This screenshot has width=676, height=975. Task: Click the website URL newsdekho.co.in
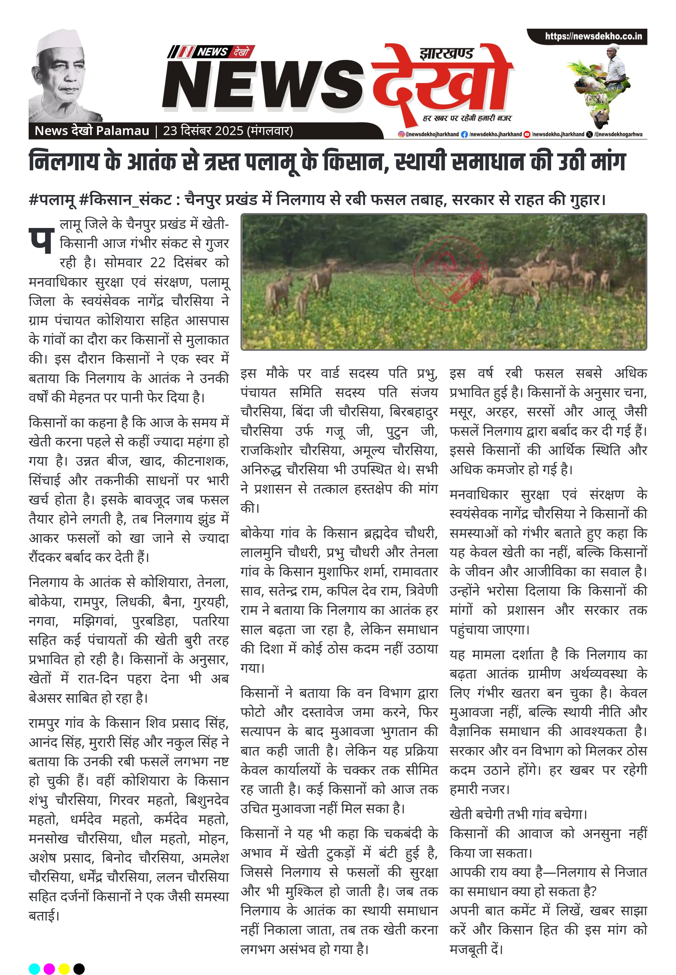click(x=593, y=36)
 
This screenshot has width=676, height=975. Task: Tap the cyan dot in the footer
click(x=34, y=957)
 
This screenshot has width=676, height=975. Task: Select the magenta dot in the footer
click(x=49, y=957)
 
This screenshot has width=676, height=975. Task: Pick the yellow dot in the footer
click(x=64, y=957)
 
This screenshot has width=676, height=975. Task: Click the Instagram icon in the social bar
click(x=401, y=134)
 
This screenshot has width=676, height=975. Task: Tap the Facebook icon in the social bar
click(x=465, y=134)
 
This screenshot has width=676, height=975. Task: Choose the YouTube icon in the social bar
click(x=527, y=134)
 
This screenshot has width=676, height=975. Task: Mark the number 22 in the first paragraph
click(x=158, y=263)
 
